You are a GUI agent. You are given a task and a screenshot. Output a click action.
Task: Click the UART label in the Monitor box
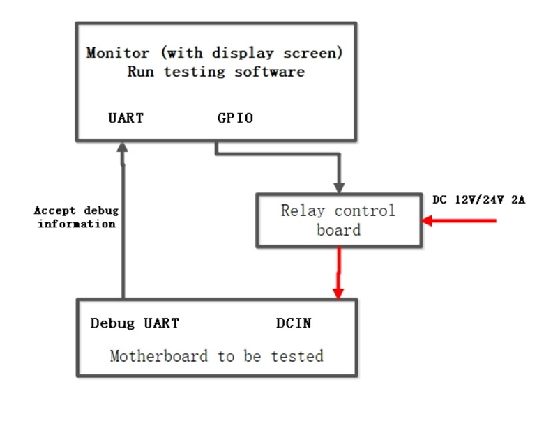pos(126,118)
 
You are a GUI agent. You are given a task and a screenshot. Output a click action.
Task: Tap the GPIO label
pos(235,118)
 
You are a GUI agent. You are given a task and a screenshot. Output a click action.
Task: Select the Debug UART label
pos(135,323)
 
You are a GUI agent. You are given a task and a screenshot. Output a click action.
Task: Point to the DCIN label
pos(294,323)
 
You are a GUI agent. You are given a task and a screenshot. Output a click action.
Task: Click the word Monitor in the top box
pos(117,53)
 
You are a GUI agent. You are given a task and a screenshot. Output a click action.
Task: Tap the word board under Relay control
pos(338,229)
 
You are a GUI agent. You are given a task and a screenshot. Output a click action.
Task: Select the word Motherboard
pos(158,356)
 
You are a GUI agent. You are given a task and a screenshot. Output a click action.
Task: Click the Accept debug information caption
pos(76,217)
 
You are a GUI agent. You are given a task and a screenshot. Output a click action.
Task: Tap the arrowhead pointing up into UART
pos(123,147)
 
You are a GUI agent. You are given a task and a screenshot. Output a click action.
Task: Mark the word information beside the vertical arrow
pos(76,224)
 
